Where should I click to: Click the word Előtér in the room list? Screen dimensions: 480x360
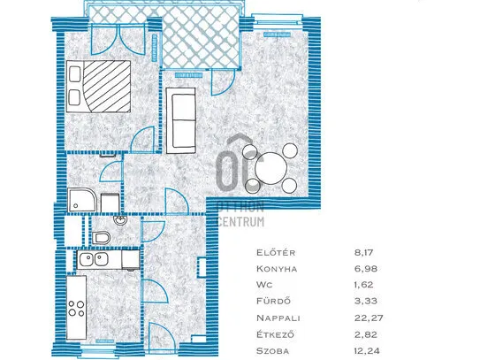coord(271,252)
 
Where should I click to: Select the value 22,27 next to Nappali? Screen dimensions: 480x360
coord(369,318)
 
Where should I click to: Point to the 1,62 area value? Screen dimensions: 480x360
coord(363,285)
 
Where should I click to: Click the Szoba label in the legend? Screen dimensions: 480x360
coord(273,350)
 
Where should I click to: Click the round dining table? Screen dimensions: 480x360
coord(271,168)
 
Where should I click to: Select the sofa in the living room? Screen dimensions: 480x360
coord(181,120)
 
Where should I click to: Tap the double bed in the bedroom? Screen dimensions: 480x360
coord(99,87)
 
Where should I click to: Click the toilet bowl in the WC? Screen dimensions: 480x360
coord(101,237)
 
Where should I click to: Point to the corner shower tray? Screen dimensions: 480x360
coord(81,200)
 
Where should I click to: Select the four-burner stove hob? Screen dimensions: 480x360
coord(77,309)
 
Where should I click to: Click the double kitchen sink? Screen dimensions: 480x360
coord(94,260)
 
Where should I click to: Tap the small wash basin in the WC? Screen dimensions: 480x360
coord(119,219)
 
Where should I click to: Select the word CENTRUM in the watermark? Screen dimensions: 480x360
coord(240,221)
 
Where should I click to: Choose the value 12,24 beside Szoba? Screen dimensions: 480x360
coord(369,350)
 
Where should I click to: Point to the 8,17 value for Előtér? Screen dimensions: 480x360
coord(363,252)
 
